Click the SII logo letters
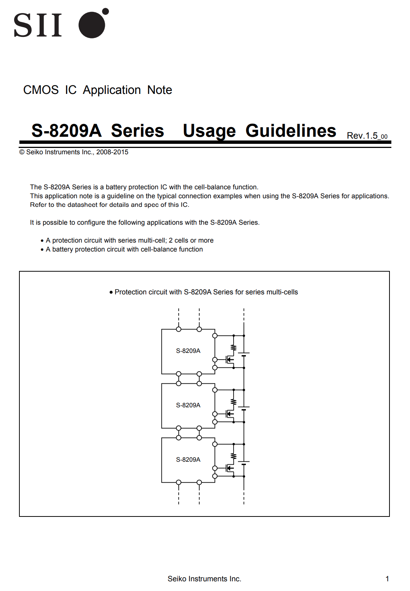[38, 25]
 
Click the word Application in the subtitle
[112, 90]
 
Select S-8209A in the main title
[66, 131]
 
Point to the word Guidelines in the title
[291, 131]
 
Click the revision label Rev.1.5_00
[367, 136]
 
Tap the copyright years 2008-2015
[112, 152]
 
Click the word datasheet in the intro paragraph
[82, 205]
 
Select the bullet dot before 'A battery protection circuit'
[42, 250]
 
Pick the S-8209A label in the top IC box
[188, 351]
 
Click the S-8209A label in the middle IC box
[188, 405]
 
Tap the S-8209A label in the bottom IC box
[188, 459]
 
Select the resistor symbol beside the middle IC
[234, 402]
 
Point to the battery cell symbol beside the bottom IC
[244, 462]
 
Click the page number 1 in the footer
[387, 579]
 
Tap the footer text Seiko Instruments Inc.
[204, 579]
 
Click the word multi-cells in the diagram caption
[282, 292]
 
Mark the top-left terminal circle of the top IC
[179, 329]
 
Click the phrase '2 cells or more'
[191, 240]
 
